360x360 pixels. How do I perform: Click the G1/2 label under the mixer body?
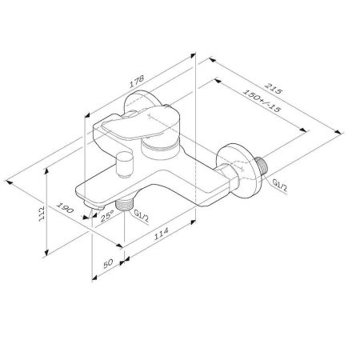(142, 214)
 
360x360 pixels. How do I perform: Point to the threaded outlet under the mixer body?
(122, 205)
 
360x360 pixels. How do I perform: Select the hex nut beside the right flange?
(232, 178)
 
